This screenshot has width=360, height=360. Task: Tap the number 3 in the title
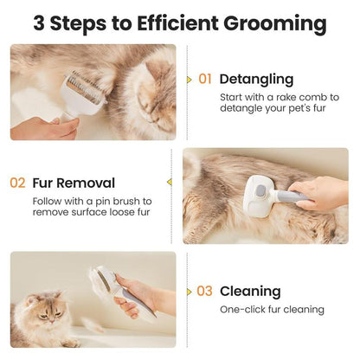[x=41, y=22]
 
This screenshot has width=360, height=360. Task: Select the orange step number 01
[x=204, y=79]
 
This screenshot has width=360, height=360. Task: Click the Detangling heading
[x=256, y=79]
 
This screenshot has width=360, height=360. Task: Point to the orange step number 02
[x=17, y=183]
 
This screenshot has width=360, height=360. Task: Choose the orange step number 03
[x=204, y=292]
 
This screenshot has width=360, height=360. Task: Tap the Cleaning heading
[x=250, y=292]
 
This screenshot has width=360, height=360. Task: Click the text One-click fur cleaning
[x=272, y=309]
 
